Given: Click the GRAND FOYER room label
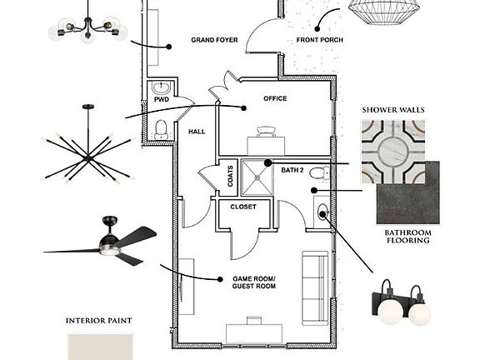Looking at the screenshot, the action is pyautogui.click(x=214, y=40).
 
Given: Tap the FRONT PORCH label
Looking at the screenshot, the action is pyautogui.click(x=320, y=40).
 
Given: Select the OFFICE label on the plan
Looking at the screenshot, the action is pyautogui.click(x=275, y=98).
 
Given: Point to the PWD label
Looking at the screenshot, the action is pyautogui.click(x=162, y=100).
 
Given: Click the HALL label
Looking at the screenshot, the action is pyautogui.click(x=197, y=132).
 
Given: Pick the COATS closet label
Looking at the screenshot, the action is pyautogui.click(x=230, y=177).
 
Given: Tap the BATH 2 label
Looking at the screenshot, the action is pyautogui.click(x=292, y=170).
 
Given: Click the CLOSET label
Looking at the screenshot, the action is pyautogui.click(x=243, y=207).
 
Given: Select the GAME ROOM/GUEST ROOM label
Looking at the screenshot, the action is pyautogui.click(x=254, y=282).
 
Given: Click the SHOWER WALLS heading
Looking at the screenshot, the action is pyautogui.click(x=393, y=110).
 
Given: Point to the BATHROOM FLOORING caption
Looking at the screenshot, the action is pyautogui.click(x=408, y=237).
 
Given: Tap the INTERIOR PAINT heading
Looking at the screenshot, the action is pyautogui.click(x=99, y=321).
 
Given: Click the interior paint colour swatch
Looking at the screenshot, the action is pyautogui.click(x=100, y=347).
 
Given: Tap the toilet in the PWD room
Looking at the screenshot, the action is pyautogui.click(x=161, y=130).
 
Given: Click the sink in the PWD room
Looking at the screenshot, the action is pyautogui.click(x=161, y=87).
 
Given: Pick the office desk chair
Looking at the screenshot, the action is pyautogui.click(x=266, y=132).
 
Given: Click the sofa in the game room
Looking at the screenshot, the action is pyautogui.click(x=315, y=288).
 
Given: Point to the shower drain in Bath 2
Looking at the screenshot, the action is pyautogui.click(x=257, y=177).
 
